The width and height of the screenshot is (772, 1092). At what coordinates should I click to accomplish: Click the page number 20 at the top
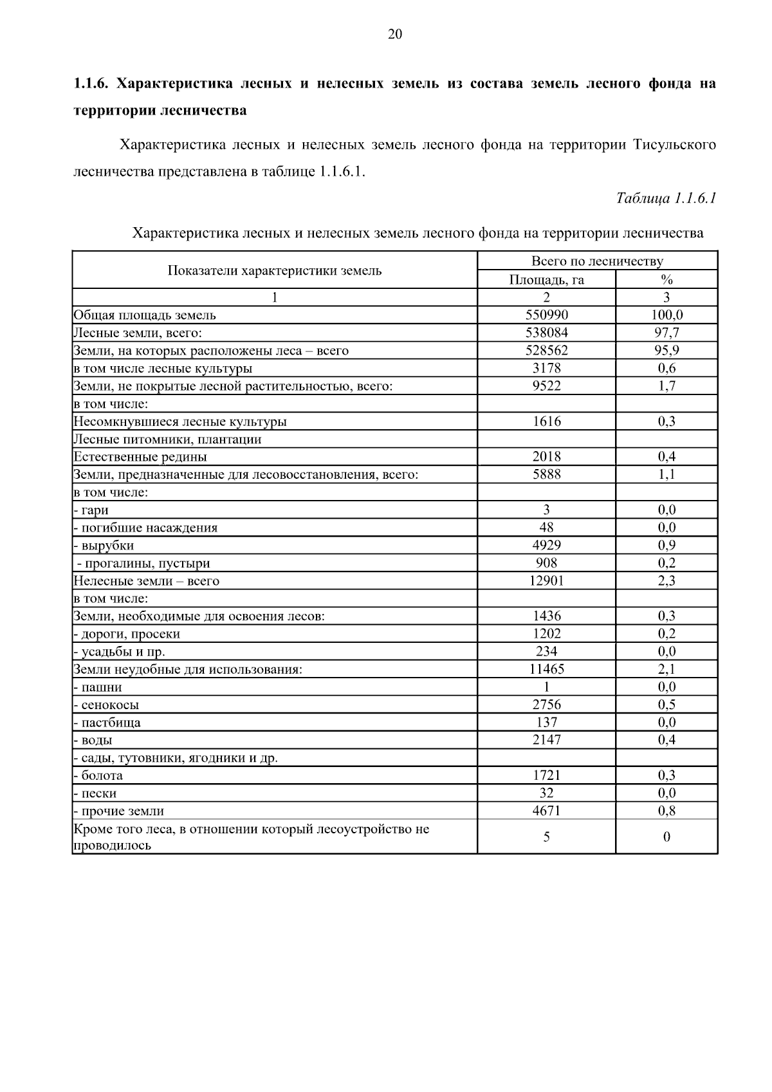(395, 35)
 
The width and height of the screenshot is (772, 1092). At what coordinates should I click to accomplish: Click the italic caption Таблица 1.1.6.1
(666, 198)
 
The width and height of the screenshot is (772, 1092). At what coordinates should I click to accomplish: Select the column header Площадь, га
(546, 280)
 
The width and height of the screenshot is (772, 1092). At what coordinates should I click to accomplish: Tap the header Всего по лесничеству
(597, 261)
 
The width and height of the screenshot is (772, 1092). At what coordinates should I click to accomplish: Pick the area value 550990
(546, 315)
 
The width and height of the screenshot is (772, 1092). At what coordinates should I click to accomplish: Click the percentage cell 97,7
(666, 333)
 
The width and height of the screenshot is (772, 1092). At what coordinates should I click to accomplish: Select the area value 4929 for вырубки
(546, 546)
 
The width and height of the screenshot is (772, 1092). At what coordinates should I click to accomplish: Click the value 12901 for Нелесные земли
(546, 581)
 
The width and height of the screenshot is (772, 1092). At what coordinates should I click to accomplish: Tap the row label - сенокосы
(107, 705)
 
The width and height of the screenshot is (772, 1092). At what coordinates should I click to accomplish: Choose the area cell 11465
(546, 669)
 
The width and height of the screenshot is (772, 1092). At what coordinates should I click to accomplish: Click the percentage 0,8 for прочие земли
(666, 811)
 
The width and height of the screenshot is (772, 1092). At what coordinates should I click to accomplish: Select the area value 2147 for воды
(546, 740)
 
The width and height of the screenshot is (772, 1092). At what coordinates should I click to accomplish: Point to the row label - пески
(96, 793)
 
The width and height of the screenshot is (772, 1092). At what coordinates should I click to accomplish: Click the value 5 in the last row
(546, 837)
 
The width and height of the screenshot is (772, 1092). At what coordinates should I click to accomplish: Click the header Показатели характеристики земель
(275, 271)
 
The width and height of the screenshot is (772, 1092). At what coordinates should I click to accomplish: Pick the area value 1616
(546, 421)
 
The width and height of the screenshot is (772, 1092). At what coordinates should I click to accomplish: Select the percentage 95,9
(666, 351)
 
